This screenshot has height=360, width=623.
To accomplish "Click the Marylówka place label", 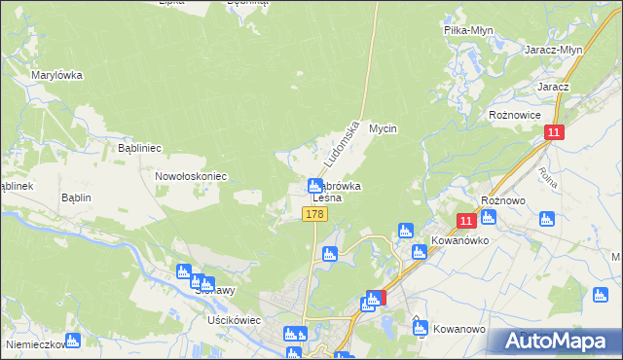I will click(x=56, y=75).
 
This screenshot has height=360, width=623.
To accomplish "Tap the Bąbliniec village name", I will click(x=138, y=149).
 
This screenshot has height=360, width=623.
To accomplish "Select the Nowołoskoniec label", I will click(x=191, y=176).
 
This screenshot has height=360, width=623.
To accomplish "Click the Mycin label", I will click(x=385, y=128).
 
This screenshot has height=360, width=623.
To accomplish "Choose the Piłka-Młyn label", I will click(x=469, y=30).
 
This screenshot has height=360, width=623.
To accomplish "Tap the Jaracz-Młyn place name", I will click(x=553, y=50).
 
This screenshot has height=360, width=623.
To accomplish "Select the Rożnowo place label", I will click(x=504, y=199).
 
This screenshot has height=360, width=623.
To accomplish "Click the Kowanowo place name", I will click(x=459, y=329).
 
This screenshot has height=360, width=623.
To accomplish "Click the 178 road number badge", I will click(x=313, y=214).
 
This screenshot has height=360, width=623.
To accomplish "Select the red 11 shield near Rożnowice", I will click(x=554, y=133).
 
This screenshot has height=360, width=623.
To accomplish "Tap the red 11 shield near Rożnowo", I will click(x=465, y=222).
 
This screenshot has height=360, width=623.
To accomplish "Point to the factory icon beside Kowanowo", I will click(x=420, y=328).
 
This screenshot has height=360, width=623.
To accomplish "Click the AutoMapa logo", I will click(x=555, y=342).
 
